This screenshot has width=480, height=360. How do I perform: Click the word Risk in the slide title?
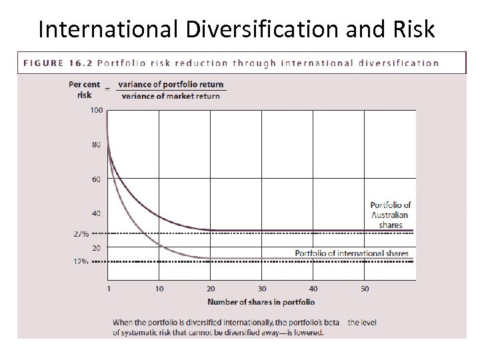[409, 29]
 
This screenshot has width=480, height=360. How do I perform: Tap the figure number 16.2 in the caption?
[79, 63]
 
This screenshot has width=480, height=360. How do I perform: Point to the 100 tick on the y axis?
[96, 110]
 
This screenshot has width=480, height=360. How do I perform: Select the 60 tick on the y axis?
[97, 179]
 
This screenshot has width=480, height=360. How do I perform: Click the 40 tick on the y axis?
[97, 213]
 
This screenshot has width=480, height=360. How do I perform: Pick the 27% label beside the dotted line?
[81, 234]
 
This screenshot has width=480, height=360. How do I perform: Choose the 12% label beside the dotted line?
[81, 261]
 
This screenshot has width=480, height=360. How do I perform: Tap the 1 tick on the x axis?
[107, 289]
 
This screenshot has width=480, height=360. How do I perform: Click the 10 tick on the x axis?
[159, 289]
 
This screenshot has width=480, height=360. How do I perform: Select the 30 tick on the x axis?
[262, 289]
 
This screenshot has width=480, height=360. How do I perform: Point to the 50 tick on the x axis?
[365, 289]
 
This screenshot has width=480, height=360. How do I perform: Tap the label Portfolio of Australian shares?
[390, 215]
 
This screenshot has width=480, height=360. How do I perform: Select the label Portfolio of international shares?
[352, 253]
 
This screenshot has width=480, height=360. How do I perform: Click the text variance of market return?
[171, 96]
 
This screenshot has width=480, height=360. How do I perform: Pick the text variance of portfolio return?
[171, 85]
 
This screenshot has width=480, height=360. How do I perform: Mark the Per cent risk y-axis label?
[85, 89]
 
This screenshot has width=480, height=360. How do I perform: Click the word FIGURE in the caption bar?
[44, 63]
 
